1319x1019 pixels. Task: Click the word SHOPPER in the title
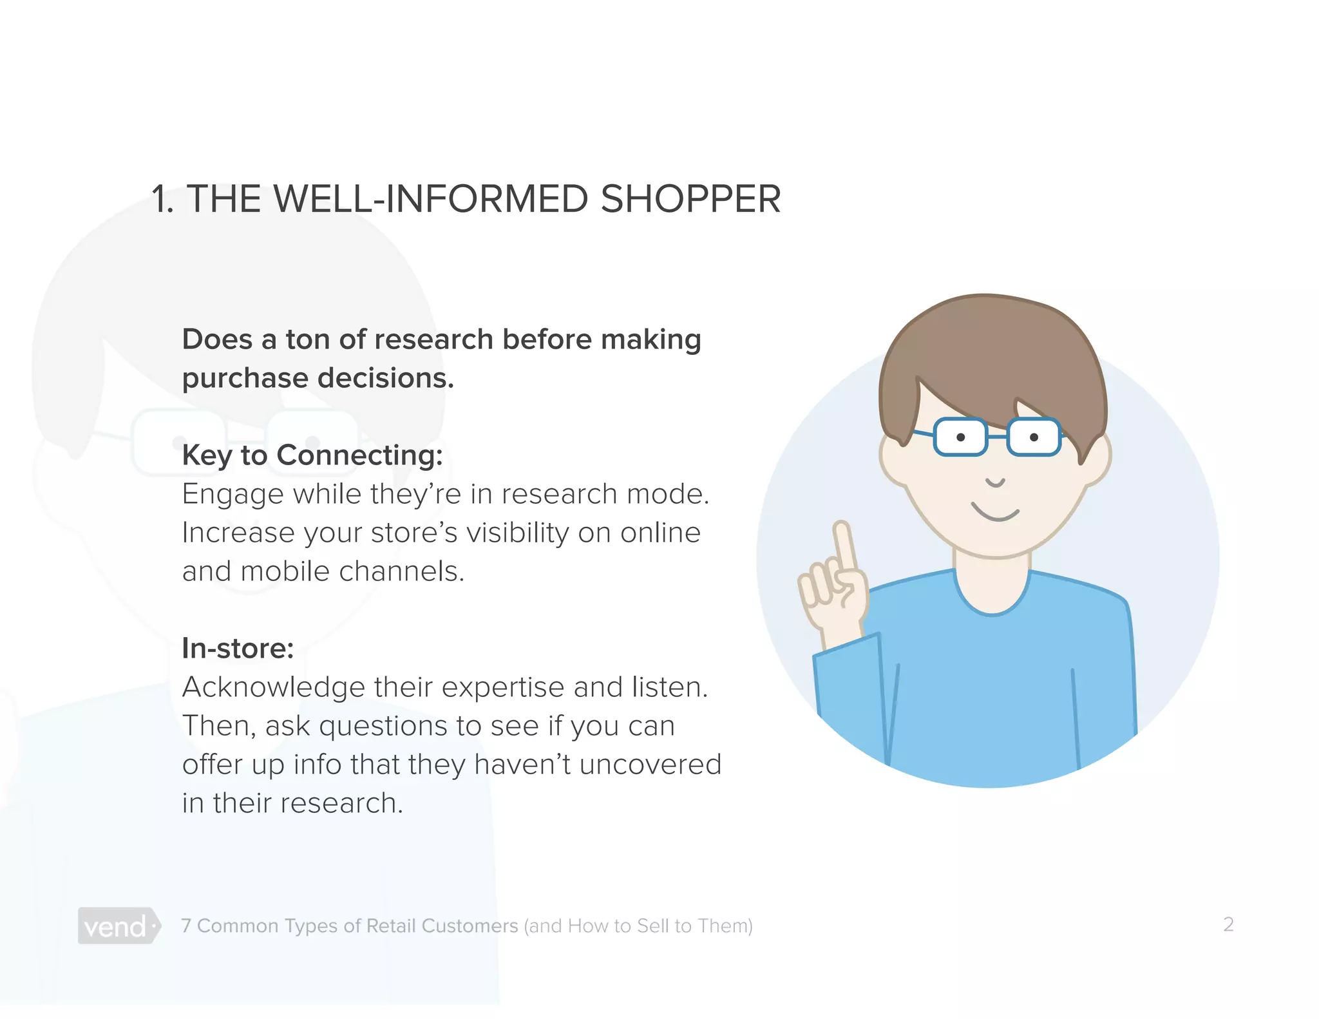(x=690, y=199)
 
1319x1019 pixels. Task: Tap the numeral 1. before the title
(x=162, y=199)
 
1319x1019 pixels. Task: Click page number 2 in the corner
(x=1228, y=924)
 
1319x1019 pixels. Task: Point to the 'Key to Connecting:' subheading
(x=312, y=455)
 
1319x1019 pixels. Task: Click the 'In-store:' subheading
(x=238, y=649)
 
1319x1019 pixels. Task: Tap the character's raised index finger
(x=844, y=544)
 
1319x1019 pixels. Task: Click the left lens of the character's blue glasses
(x=960, y=437)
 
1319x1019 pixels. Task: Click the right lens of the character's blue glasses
(x=1034, y=437)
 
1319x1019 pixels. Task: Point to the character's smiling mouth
(x=995, y=513)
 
